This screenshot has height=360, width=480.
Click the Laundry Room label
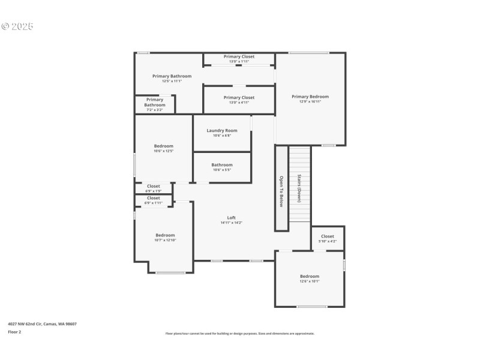(222, 130)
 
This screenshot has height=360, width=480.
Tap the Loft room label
(231, 218)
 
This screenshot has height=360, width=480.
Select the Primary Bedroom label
(310, 97)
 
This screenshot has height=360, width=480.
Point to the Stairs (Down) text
(299, 188)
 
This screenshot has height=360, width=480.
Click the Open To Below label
(281, 191)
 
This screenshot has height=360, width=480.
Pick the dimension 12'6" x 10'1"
(310, 281)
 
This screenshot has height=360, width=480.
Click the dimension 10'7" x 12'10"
(165, 240)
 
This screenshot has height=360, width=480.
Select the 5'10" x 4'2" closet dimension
(327, 241)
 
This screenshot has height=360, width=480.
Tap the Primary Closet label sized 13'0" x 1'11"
(239, 56)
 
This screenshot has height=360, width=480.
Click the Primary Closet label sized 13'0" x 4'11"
(239, 97)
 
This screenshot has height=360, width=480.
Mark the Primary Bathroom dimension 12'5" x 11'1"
(172, 81)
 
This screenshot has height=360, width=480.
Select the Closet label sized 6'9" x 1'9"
(154, 186)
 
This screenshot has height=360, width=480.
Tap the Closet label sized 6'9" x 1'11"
(154, 198)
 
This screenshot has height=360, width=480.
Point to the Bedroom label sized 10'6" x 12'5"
(163, 146)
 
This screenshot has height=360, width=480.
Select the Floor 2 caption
(14, 332)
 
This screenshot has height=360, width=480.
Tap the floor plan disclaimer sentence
(239, 334)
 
